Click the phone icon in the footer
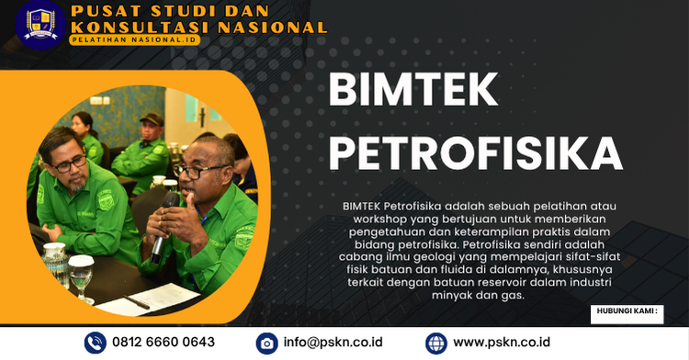(x=96, y=343)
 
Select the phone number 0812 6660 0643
(x=164, y=343)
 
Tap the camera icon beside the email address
(x=266, y=343)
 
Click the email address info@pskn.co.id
(x=333, y=343)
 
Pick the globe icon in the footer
(x=436, y=343)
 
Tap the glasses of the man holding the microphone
(x=201, y=172)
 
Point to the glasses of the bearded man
(x=71, y=163)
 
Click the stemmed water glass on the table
(x=82, y=276)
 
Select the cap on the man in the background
(x=152, y=118)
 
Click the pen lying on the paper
(x=138, y=301)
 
